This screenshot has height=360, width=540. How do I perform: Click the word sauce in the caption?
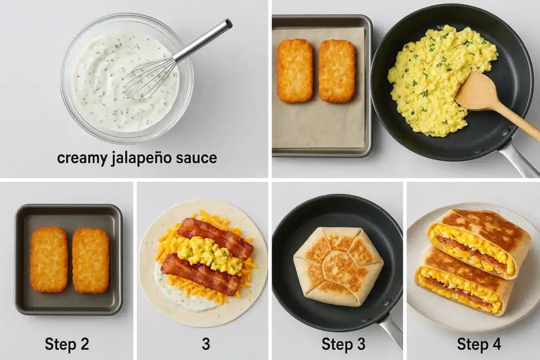click(196, 158)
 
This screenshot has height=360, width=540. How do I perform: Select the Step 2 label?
click(67, 344)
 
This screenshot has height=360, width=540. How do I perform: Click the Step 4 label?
click(479, 344)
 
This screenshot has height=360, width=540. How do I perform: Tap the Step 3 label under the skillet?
click(343, 344)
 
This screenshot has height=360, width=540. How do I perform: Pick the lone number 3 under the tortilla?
click(206, 344)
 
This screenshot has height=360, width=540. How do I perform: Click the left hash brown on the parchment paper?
click(295, 71)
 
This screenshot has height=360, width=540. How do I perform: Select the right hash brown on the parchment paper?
click(337, 71)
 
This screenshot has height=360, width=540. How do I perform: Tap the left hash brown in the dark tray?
click(49, 259)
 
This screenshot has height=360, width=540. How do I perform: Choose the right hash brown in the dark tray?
click(91, 260)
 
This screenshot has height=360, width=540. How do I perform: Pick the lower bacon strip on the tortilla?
click(201, 274)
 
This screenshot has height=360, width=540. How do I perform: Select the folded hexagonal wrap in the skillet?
click(338, 266)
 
